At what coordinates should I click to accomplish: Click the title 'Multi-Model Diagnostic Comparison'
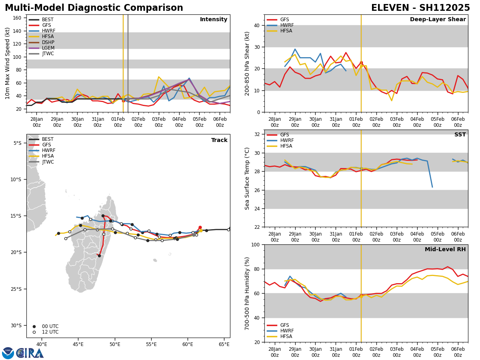coord(94,8)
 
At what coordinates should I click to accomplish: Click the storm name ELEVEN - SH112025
coord(420,8)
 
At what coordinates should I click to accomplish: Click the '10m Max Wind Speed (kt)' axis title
coord(8,63)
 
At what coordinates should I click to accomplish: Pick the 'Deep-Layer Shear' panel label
coord(438,20)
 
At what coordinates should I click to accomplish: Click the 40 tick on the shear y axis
coord(257,25)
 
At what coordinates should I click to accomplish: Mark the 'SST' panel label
coord(460,135)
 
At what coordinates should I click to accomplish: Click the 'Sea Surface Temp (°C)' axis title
coord(248,178)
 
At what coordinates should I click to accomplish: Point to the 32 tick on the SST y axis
coord(257,134)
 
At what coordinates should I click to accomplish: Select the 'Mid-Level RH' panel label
coord(445,250)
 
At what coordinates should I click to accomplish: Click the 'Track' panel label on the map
coord(219,140)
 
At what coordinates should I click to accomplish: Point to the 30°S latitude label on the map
coord(18,325)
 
